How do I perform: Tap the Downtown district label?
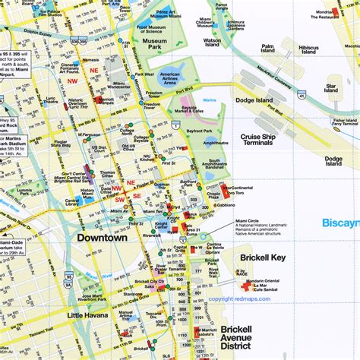101,238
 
